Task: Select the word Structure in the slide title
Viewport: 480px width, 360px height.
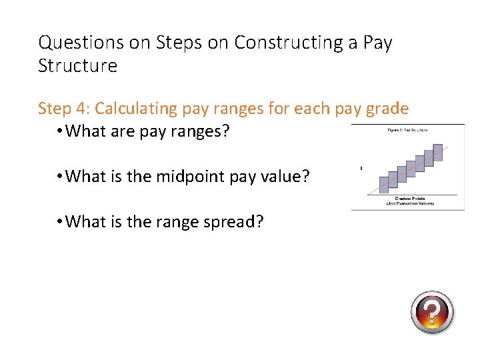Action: point(77,67)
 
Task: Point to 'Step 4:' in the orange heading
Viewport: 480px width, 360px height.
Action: point(65,109)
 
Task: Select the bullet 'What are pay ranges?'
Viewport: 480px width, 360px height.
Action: point(148,131)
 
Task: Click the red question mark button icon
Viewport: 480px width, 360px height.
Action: point(432,312)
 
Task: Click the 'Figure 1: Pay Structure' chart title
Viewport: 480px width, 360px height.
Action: point(407,130)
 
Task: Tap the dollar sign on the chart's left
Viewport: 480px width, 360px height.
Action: point(361,168)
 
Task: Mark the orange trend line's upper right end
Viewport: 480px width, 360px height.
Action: point(456,146)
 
